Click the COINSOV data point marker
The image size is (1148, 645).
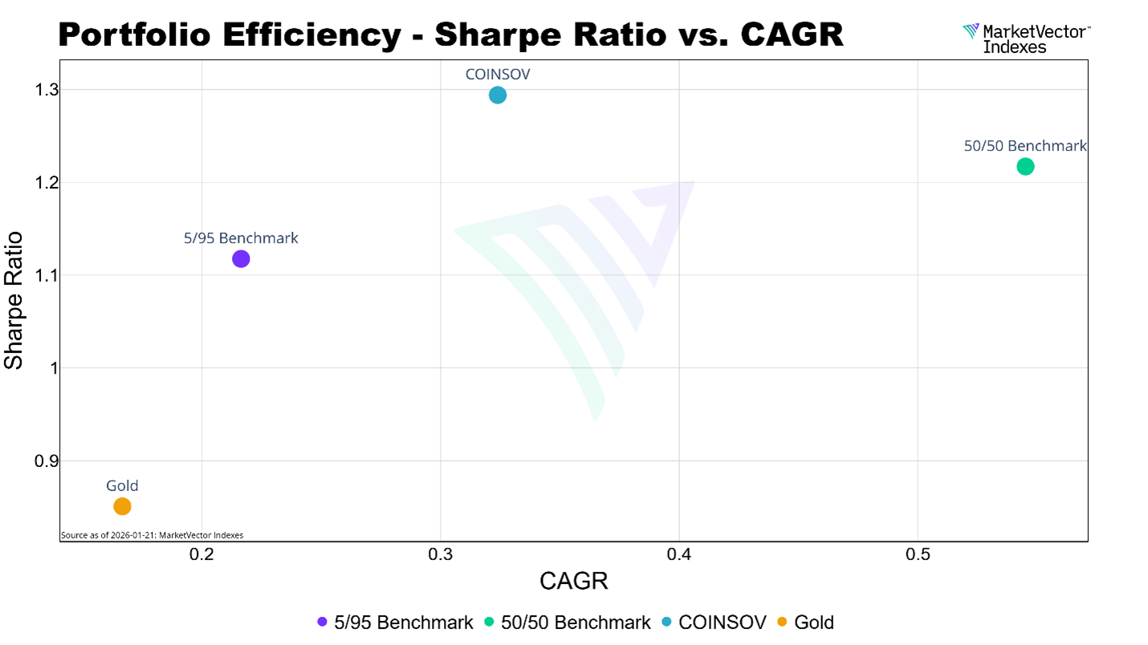[498, 95]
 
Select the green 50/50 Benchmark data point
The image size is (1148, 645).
[1025, 167]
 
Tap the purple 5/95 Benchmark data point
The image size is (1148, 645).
[241, 258]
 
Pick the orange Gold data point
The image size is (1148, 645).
[122, 506]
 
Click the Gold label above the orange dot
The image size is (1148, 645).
[122, 485]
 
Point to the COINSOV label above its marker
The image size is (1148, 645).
[498, 74]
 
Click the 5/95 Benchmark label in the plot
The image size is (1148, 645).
[241, 238]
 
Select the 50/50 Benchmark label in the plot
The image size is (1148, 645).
[1025, 146]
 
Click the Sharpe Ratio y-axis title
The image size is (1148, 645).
[14, 300]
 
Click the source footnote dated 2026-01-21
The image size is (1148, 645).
[153, 535]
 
